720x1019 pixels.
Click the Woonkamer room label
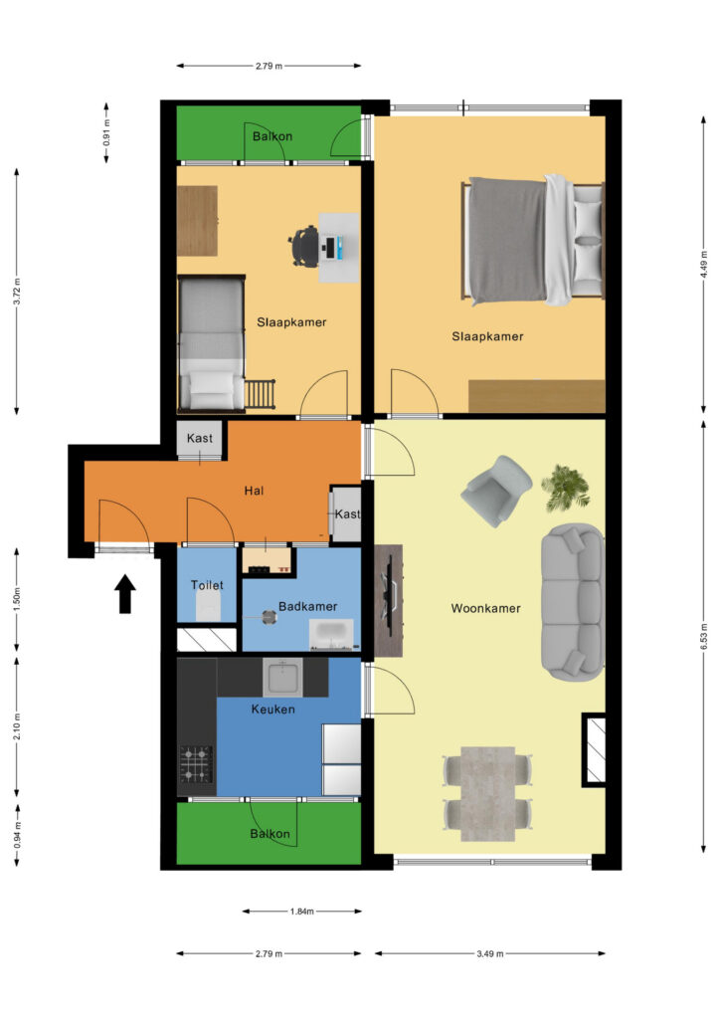tap(485, 608)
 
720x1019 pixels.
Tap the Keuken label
tap(272, 709)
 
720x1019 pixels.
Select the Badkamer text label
tap(307, 606)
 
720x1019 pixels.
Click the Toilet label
tap(207, 585)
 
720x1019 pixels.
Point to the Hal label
tap(254, 491)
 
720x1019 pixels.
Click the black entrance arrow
tap(125, 594)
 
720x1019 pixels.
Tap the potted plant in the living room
tap(566, 488)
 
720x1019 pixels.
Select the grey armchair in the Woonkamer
tap(496, 491)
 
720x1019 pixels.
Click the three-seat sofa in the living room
tap(573, 602)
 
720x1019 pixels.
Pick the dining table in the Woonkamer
tap(487, 793)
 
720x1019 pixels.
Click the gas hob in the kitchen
tap(196, 764)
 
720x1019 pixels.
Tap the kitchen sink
tap(282, 677)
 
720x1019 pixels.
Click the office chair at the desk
tap(304, 246)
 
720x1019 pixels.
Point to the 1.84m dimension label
tap(302, 912)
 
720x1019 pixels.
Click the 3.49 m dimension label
tap(489, 953)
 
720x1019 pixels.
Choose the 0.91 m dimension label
tap(106, 132)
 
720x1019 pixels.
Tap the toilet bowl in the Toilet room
tap(208, 611)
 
